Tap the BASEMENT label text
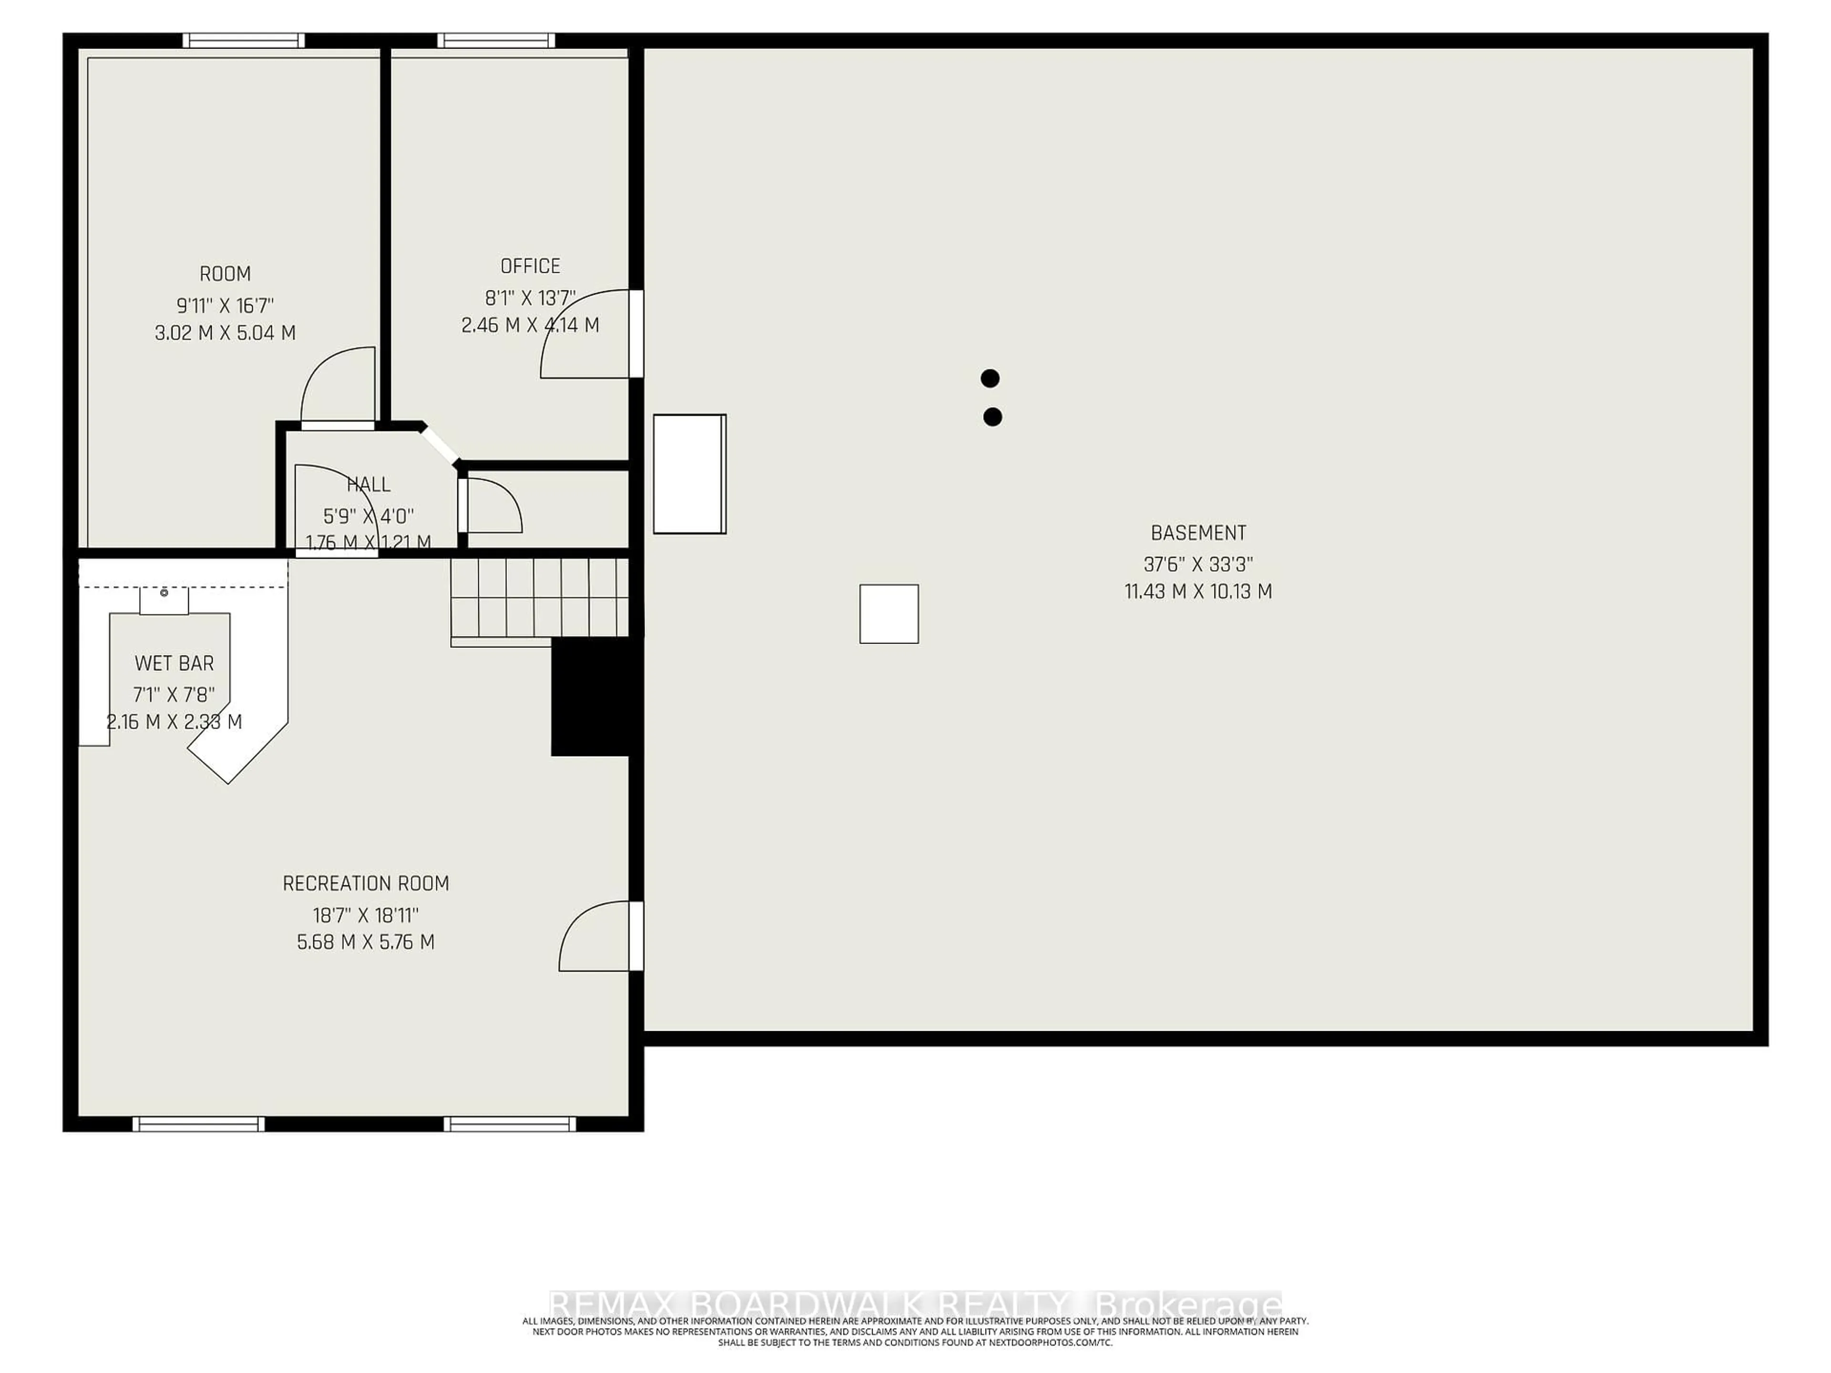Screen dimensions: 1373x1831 click(1198, 533)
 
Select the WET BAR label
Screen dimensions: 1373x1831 click(174, 663)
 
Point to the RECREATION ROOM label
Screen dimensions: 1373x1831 click(366, 883)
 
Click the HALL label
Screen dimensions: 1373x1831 click(369, 484)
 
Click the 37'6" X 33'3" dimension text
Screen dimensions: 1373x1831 click(1198, 564)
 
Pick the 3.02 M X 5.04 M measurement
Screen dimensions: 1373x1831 click(225, 333)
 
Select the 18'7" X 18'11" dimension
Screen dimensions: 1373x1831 click(366, 915)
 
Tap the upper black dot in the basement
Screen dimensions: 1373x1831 click(990, 378)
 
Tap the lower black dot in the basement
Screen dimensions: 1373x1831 click(992, 417)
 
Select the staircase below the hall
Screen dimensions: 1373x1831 click(539, 597)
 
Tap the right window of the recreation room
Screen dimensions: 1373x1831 click(509, 1124)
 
